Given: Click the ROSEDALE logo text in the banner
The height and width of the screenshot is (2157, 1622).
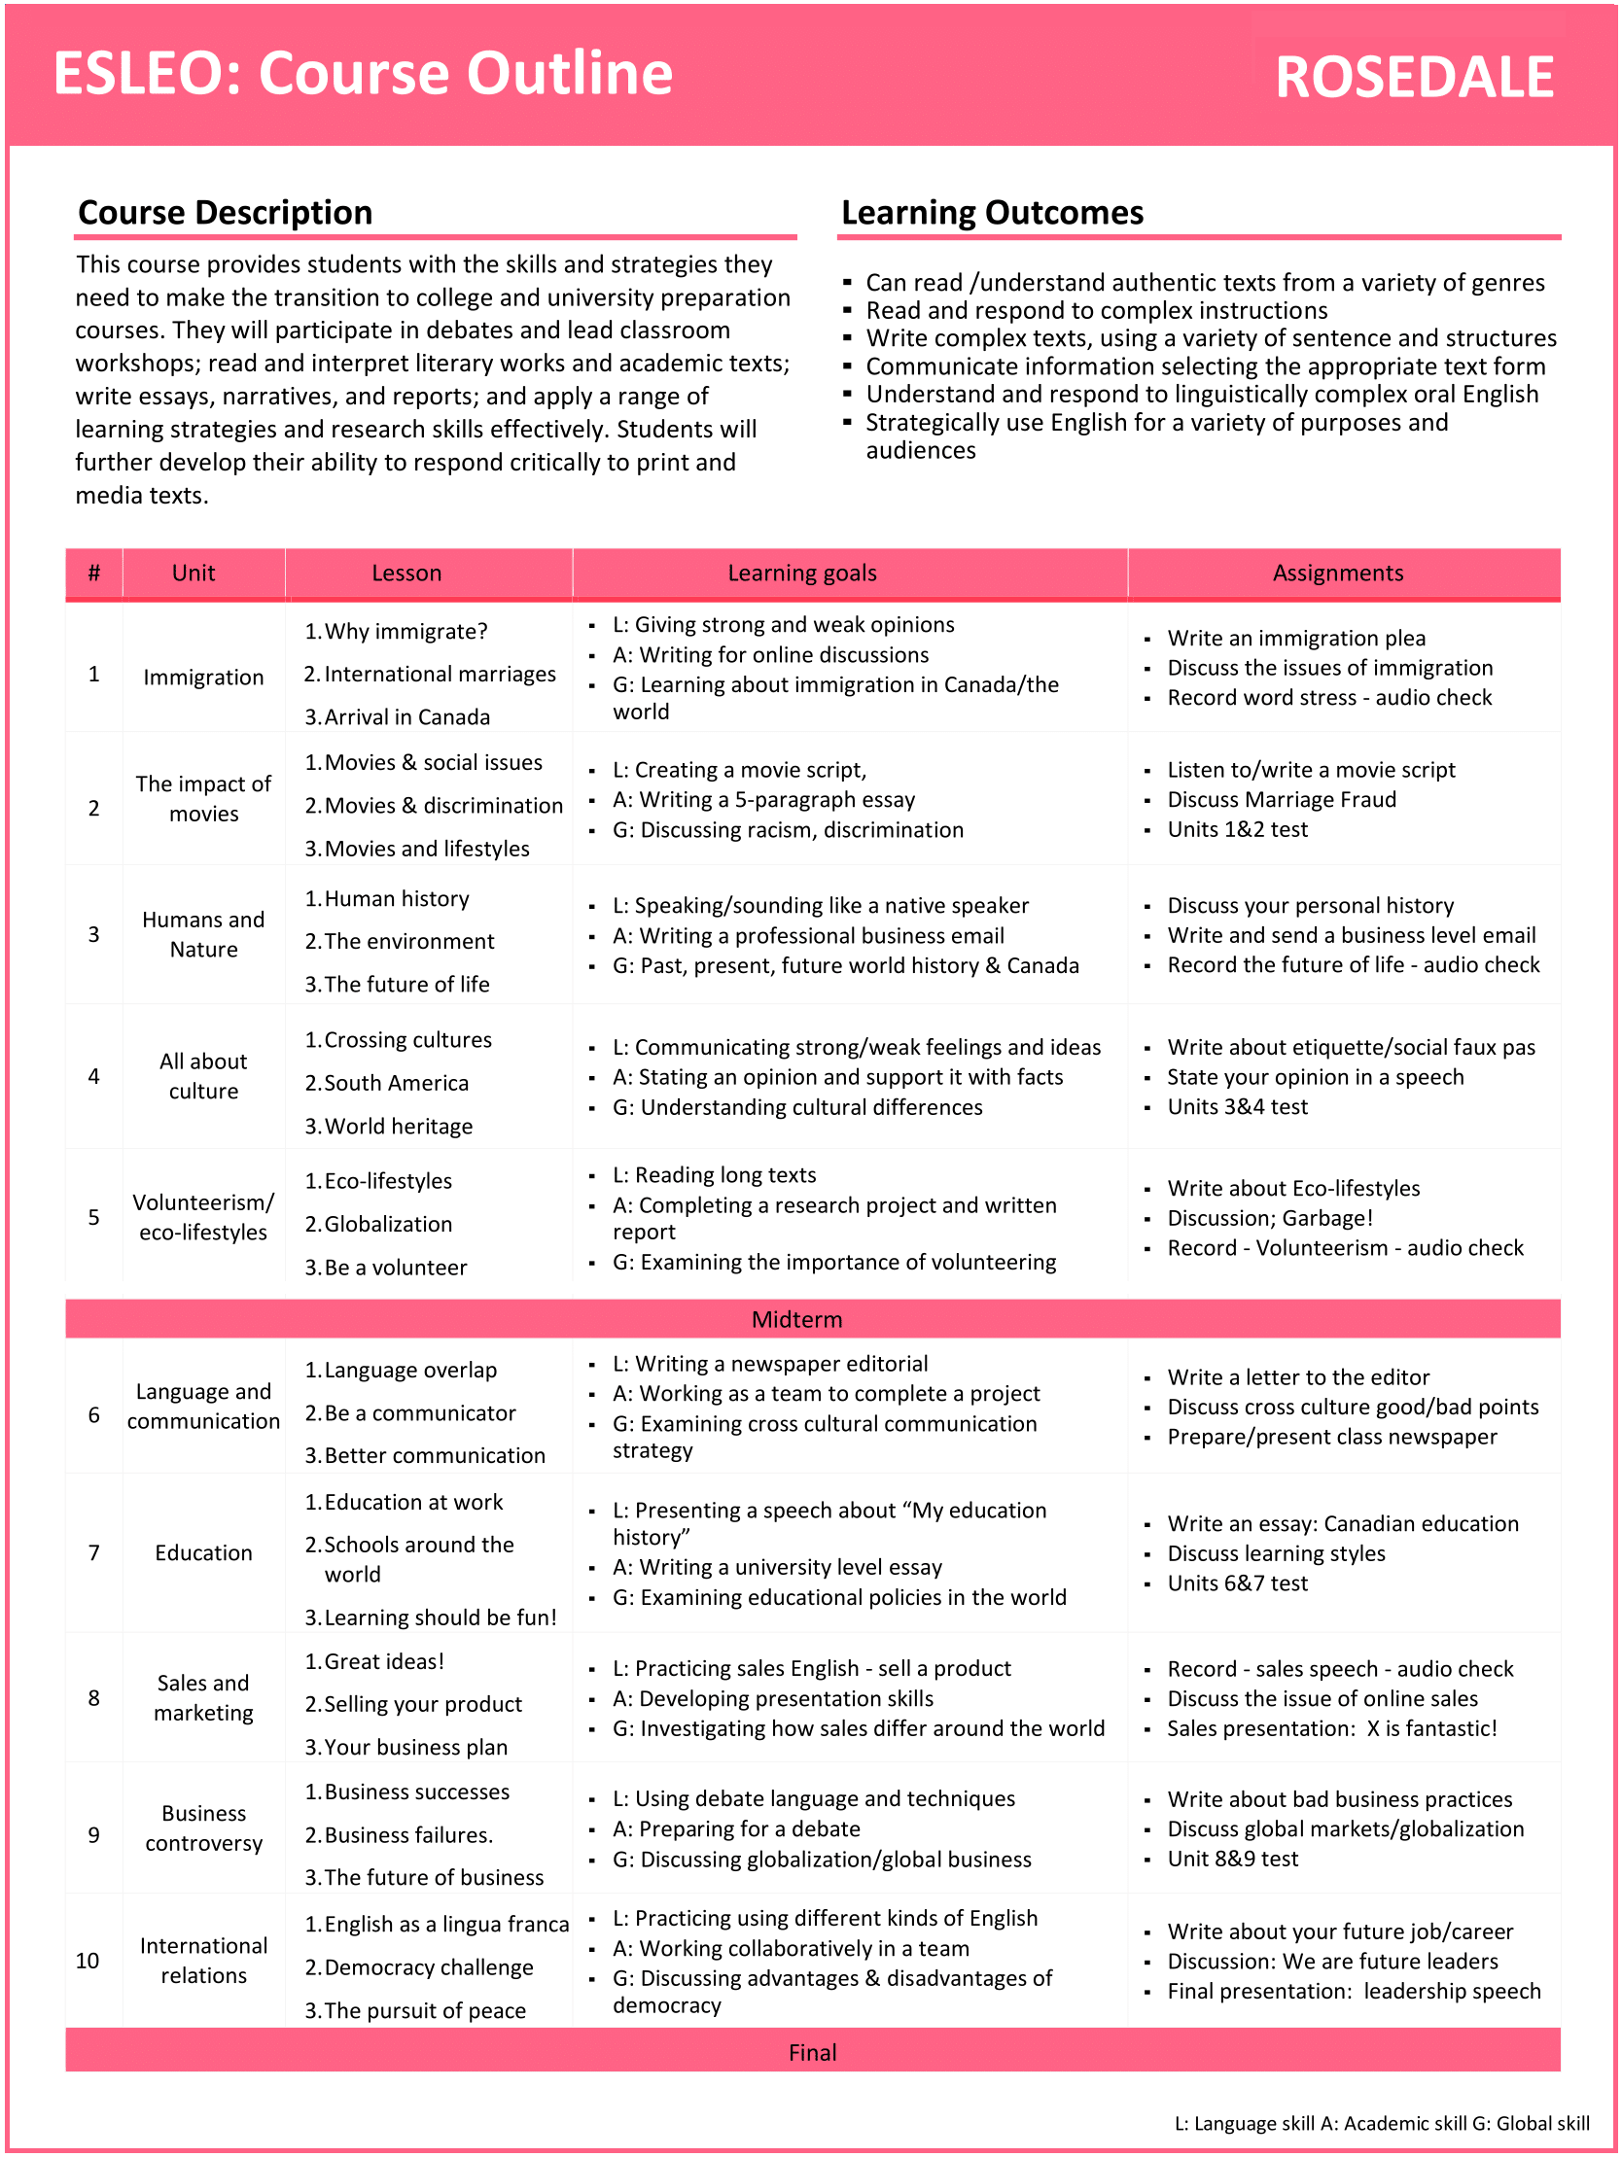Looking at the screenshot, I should pyautogui.click(x=1413, y=78).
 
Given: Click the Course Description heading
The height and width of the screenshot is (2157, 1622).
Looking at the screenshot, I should pyautogui.click(x=226, y=213).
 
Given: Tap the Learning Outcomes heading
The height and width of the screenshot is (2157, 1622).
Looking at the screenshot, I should pyautogui.click(x=992, y=213).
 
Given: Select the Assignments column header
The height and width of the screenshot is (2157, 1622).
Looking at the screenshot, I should pyautogui.click(x=1337, y=574).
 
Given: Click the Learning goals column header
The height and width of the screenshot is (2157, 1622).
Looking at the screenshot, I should pyautogui.click(x=801, y=574).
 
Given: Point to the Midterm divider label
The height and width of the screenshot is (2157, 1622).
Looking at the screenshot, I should pyautogui.click(x=795, y=1319).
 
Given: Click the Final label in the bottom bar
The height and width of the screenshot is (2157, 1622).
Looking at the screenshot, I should pyautogui.click(x=812, y=2053).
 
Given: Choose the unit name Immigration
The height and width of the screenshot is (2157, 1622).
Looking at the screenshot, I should pyautogui.click(x=203, y=678).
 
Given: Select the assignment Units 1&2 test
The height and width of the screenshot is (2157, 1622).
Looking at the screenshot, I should pyautogui.click(x=1237, y=830).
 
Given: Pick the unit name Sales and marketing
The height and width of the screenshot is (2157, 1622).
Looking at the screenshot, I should pyautogui.click(x=203, y=1698).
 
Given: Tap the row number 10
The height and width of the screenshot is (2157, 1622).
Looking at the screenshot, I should pyautogui.click(x=88, y=1961).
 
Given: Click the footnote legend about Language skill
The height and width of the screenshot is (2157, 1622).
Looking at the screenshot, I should pyautogui.click(x=1381, y=2124).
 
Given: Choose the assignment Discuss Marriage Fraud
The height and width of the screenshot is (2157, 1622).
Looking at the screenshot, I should pyautogui.click(x=1281, y=800).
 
